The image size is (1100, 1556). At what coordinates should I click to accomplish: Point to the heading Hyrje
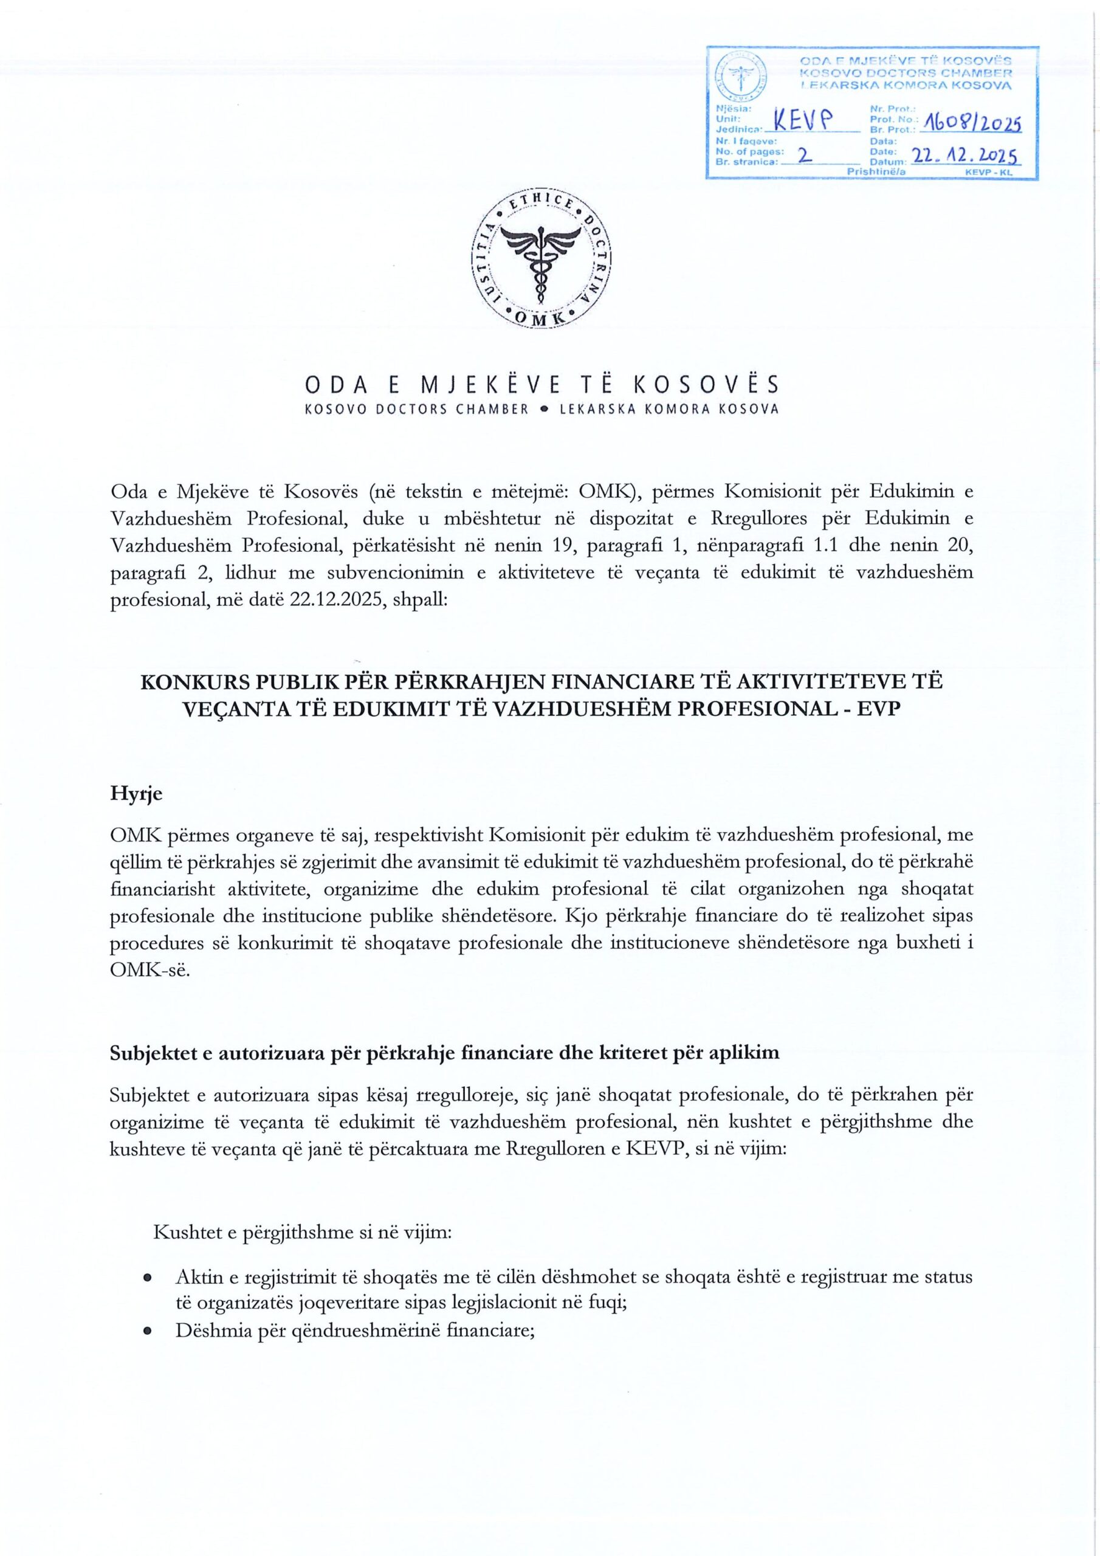[136, 794]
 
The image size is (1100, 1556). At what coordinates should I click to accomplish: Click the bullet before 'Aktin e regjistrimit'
[146, 1278]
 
